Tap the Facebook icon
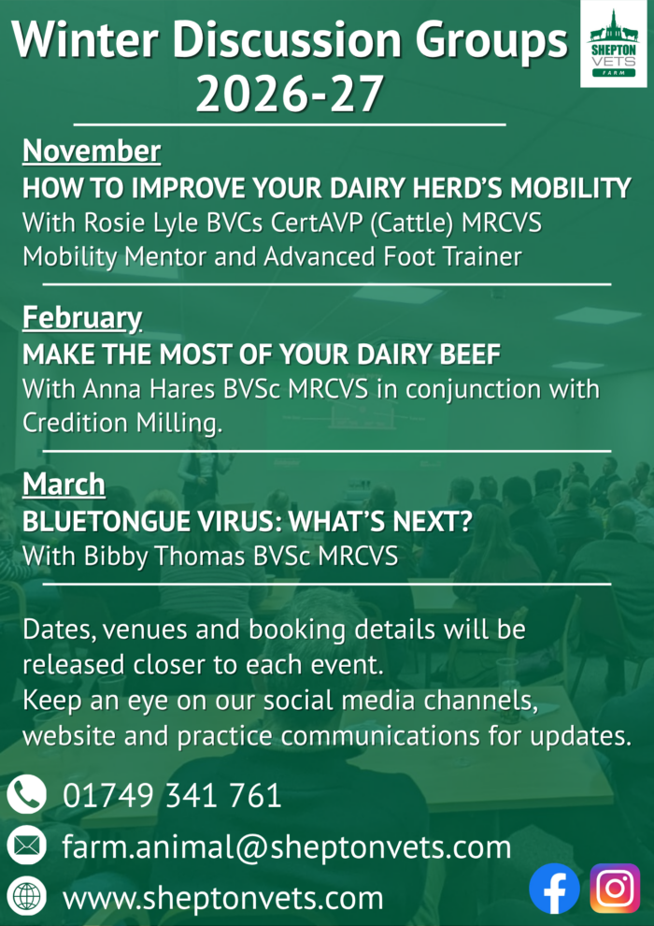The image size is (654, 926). click(554, 889)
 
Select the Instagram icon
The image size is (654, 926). click(615, 889)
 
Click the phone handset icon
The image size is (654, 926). click(26, 794)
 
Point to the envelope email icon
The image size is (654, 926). click(26, 846)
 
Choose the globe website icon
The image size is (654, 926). click(26, 898)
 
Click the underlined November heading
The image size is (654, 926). click(92, 152)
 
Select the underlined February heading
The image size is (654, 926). click(82, 319)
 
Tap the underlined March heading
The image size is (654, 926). click(64, 485)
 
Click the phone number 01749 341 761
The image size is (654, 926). click(172, 795)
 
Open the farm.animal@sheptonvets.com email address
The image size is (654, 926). click(287, 847)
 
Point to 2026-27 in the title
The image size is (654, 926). click(289, 94)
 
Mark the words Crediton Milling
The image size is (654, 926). click(122, 424)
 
